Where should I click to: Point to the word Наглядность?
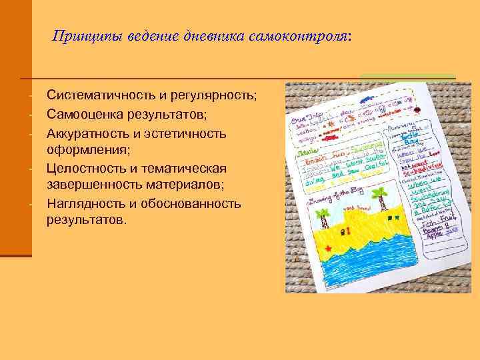87,203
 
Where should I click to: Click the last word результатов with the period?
85,219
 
